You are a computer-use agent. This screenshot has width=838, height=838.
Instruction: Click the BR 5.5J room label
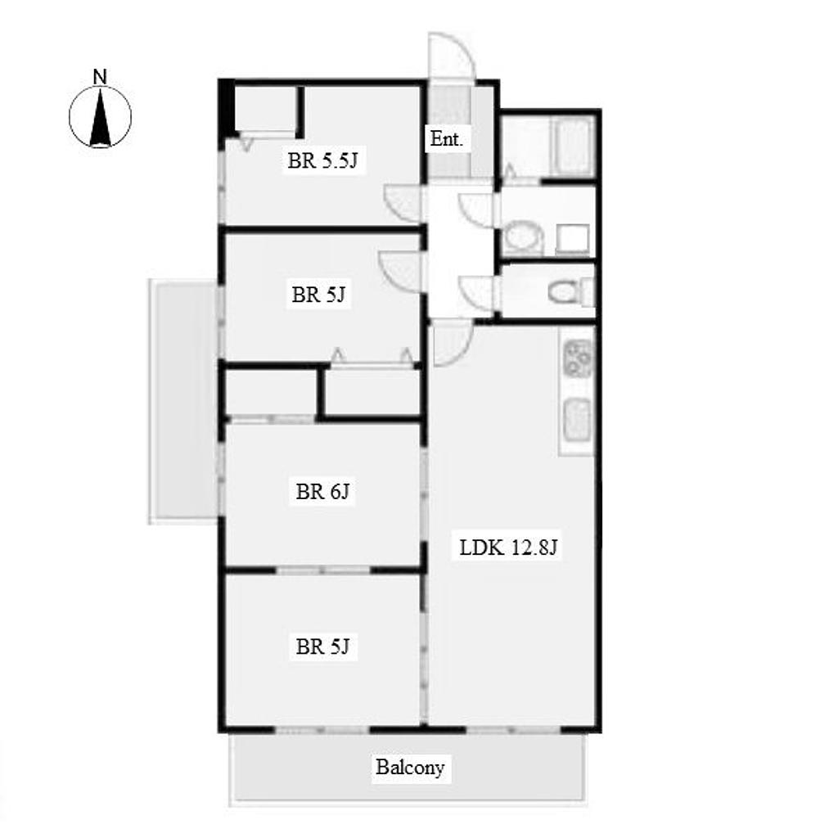coord(322,160)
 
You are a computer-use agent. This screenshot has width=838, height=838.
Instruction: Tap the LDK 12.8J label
coord(508,547)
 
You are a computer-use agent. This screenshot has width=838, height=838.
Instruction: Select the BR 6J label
coord(322,491)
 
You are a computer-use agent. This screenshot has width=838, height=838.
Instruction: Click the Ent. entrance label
coord(446,139)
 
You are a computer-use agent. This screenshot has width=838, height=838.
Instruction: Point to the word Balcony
coord(410,768)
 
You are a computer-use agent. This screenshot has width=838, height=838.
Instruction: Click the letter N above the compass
coord(99,77)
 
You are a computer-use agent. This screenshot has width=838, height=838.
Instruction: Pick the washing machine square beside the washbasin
coord(572,239)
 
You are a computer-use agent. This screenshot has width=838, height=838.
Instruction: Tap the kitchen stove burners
coord(579,358)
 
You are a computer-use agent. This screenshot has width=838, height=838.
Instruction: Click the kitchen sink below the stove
coord(578,418)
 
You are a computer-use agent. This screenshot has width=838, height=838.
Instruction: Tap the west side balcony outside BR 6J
coord(183,401)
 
